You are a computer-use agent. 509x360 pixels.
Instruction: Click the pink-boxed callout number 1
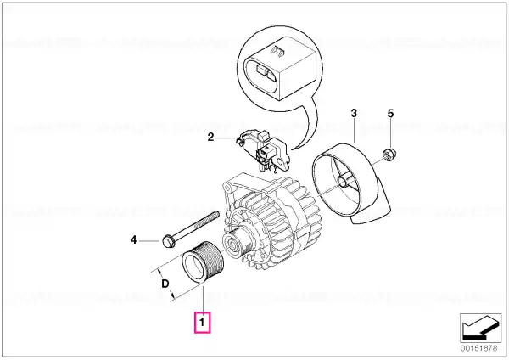(202, 323)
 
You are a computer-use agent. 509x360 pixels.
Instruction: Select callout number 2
(211, 138)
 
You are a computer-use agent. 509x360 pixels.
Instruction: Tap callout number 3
(354, 114)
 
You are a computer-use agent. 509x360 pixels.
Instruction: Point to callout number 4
(133, 240)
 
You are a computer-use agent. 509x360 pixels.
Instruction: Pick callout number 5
(390, 114)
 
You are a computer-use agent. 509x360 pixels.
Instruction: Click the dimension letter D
(165, 284)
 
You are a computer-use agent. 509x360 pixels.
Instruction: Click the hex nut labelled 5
(388, 154)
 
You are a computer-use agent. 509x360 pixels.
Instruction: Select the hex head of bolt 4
(168, 241)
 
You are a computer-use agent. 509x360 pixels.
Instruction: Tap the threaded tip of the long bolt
(215, 215)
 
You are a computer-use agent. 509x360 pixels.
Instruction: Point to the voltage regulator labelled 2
(263, 150)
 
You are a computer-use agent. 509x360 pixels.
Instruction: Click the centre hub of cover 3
(342, 182)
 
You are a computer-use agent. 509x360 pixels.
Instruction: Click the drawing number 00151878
(478, 348)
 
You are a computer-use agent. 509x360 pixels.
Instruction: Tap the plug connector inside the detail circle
(279, 69)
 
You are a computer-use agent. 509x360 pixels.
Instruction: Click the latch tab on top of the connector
(277, 51)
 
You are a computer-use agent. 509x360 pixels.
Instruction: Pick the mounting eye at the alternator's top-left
(227, 188)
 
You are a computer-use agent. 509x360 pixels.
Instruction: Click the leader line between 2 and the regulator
(225, 138)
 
